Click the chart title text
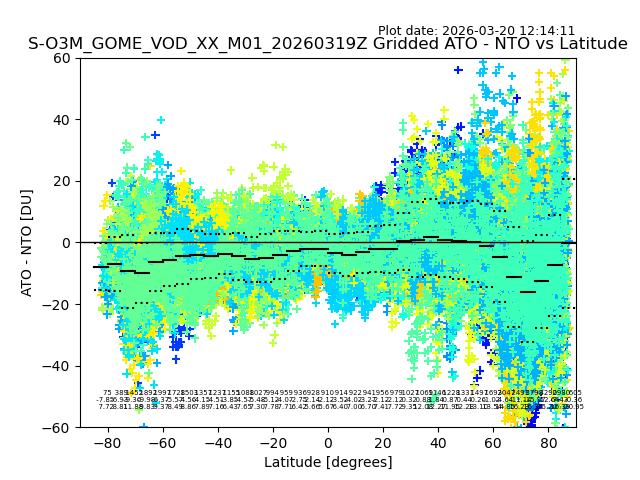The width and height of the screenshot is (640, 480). click(x=327, y=44)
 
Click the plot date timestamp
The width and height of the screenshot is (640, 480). click(x=476, y=31)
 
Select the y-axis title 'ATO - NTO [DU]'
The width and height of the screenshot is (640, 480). click(x=28, y=243)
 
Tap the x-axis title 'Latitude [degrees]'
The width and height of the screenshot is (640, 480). click(x=328, y=462)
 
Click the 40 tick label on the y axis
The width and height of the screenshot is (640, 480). click(x=62, y=120)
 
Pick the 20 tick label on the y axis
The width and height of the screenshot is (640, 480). click(x=62, y=181)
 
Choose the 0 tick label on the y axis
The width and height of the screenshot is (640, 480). click(x=66, y=243)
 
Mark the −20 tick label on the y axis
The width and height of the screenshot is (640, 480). click(x=58, y=305)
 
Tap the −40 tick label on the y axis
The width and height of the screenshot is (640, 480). click(x=58, y=366)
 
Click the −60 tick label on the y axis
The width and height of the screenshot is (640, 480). click(x=58, y=428)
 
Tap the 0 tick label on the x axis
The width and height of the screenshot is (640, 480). click(x=328, y=442)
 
